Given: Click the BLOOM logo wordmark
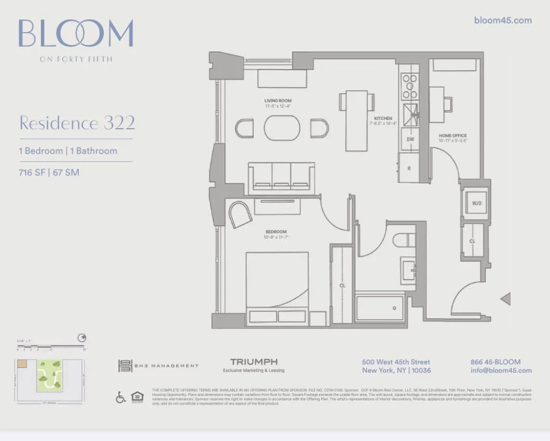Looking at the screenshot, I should pyautogui.click(x=76, y=34).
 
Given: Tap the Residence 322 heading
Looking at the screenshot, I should pyautogui.click(x=77, y=123).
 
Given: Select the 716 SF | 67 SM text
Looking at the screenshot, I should pyautogui.click(x=49, y=172).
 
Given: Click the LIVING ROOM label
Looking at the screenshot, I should pyautogui.click(x=278, y=101).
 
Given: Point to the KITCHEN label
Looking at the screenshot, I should pyautogui.click(x=383, y=118).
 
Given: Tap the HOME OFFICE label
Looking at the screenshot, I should pyautogui.click(x=452, y=136).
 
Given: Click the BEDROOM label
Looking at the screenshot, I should pyautogui.click(x=276, y=232).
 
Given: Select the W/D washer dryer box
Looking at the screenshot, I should pyautogui.click(x=476, y=203).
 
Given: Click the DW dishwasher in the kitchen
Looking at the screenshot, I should pyautogui.click(x=410, y=140).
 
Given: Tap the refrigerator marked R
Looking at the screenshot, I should pyautogui.click(x=409, y=168).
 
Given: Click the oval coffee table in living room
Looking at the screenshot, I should pyautogui.click(x=282, y=128).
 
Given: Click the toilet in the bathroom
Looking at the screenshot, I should pyautogui.click(x=404, y=240).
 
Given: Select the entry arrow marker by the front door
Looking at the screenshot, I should pyautogui.click(x=505, y=299).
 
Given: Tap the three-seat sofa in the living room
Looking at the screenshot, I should pyautogui.click(x=281, y=178).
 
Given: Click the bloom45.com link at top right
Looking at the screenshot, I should pyautogui.click(x=502, y=20).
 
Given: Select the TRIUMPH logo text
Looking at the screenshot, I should pyautogui.click(x=253, y=362).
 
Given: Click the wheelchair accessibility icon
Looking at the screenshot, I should pyautogui.click(x=121, y=397).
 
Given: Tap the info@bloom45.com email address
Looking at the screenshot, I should pyautogui.click(x=501, y=370).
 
